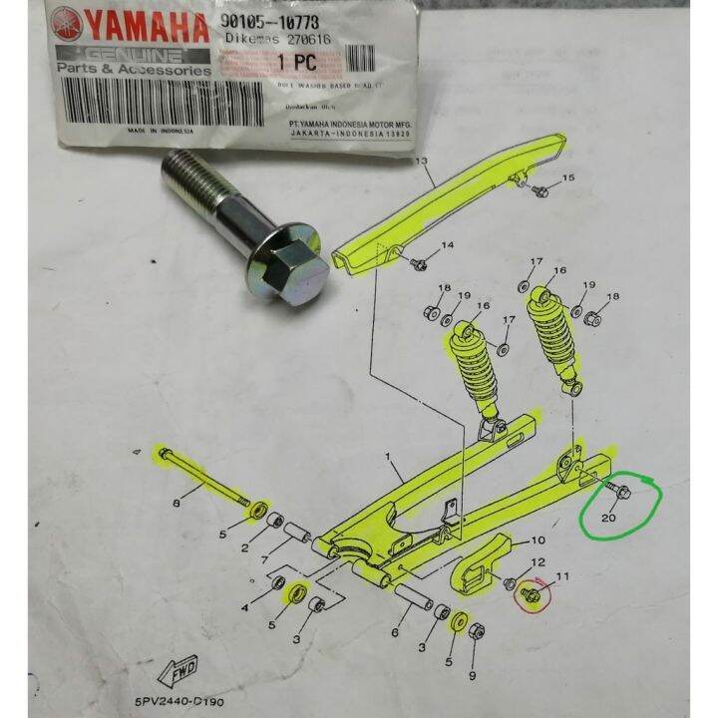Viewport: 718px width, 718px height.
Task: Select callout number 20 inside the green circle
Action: (x=610, y=517)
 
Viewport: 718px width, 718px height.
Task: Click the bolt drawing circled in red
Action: (x=531, y=594)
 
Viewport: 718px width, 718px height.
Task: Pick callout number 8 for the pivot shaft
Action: (x=177, y=505)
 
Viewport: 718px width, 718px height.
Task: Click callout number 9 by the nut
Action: (x=473, y=675)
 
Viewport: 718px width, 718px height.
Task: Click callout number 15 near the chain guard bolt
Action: (x=568, y=178)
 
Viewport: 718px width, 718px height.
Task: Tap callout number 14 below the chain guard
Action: (x=447, y=245)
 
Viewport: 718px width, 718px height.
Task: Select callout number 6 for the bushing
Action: (x=396, y=633)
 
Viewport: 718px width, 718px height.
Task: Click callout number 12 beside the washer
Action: (x=538, y=563)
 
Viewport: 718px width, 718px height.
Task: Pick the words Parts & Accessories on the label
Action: (x=133, y=69)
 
